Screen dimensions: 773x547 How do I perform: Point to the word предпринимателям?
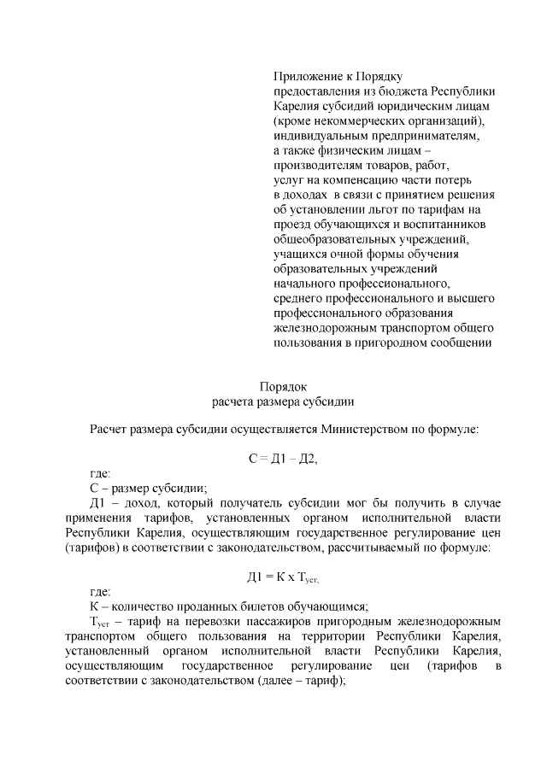[x=421, y=135]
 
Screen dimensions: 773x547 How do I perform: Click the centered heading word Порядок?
[x=283, y=385]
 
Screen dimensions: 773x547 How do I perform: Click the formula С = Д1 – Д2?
[x=283, y=459]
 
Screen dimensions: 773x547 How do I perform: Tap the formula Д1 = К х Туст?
[x=283, y=578]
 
